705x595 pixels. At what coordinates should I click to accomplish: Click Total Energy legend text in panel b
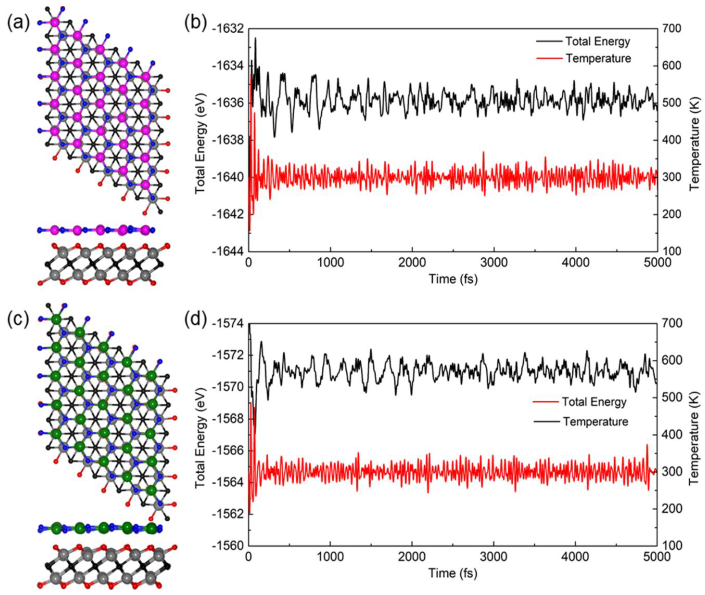[x=597, y=42]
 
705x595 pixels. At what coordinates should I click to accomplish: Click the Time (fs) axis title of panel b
[x=453, y=279]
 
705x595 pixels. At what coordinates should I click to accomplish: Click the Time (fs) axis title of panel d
[x=453, y=573]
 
